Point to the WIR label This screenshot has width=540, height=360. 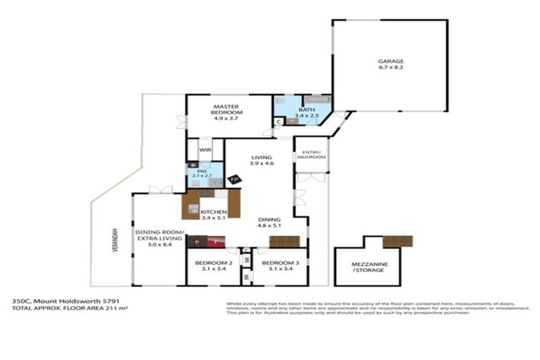[x=205, y=150]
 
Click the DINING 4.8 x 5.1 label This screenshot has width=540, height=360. [x=271, y=221]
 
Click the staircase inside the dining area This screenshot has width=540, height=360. [x=285, y=241]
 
